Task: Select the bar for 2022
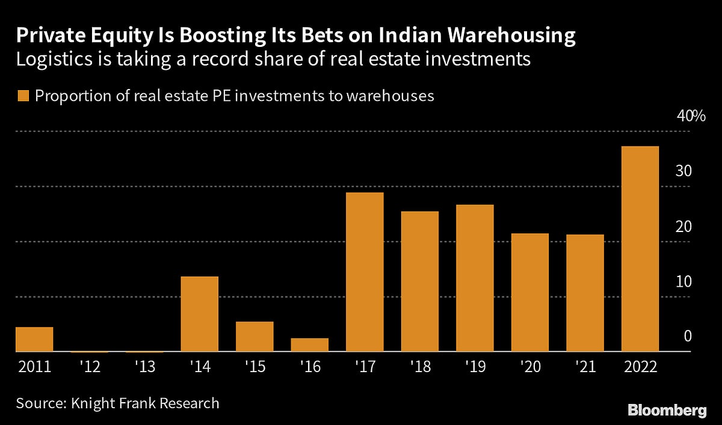click(x=640, y=249)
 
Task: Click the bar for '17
click(x=365, y=272)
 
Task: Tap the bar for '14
click(x=199, y=314)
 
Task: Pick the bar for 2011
click(x=34, y=339)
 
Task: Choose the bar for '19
click(x=475, y=278)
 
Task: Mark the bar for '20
click(x=529, y=292)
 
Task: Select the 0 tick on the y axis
click(x=688, y=337)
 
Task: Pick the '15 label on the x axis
click(x=255, y=367)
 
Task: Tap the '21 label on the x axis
click(x=585, y=367)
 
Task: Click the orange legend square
click(x=23, y=96)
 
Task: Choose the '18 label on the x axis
click(x=419, y=367)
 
